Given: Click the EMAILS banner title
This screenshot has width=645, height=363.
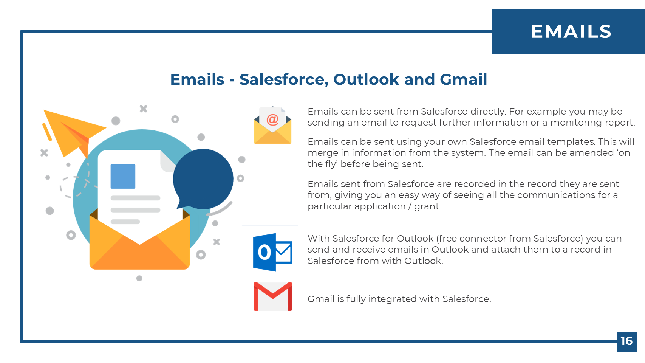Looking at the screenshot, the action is (571, 31).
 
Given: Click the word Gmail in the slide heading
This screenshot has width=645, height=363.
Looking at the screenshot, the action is (463, 79).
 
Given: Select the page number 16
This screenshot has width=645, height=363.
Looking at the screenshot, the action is (626, 341).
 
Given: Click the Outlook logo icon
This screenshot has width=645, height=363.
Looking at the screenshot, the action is (273, 252).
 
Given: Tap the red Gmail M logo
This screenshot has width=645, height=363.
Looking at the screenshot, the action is (273, 297).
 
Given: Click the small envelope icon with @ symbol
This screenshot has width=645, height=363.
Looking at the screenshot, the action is (272, 125).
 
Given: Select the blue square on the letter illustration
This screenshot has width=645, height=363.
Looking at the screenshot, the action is (123, 176).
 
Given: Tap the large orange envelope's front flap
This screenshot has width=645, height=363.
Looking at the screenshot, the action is (140, 253).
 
